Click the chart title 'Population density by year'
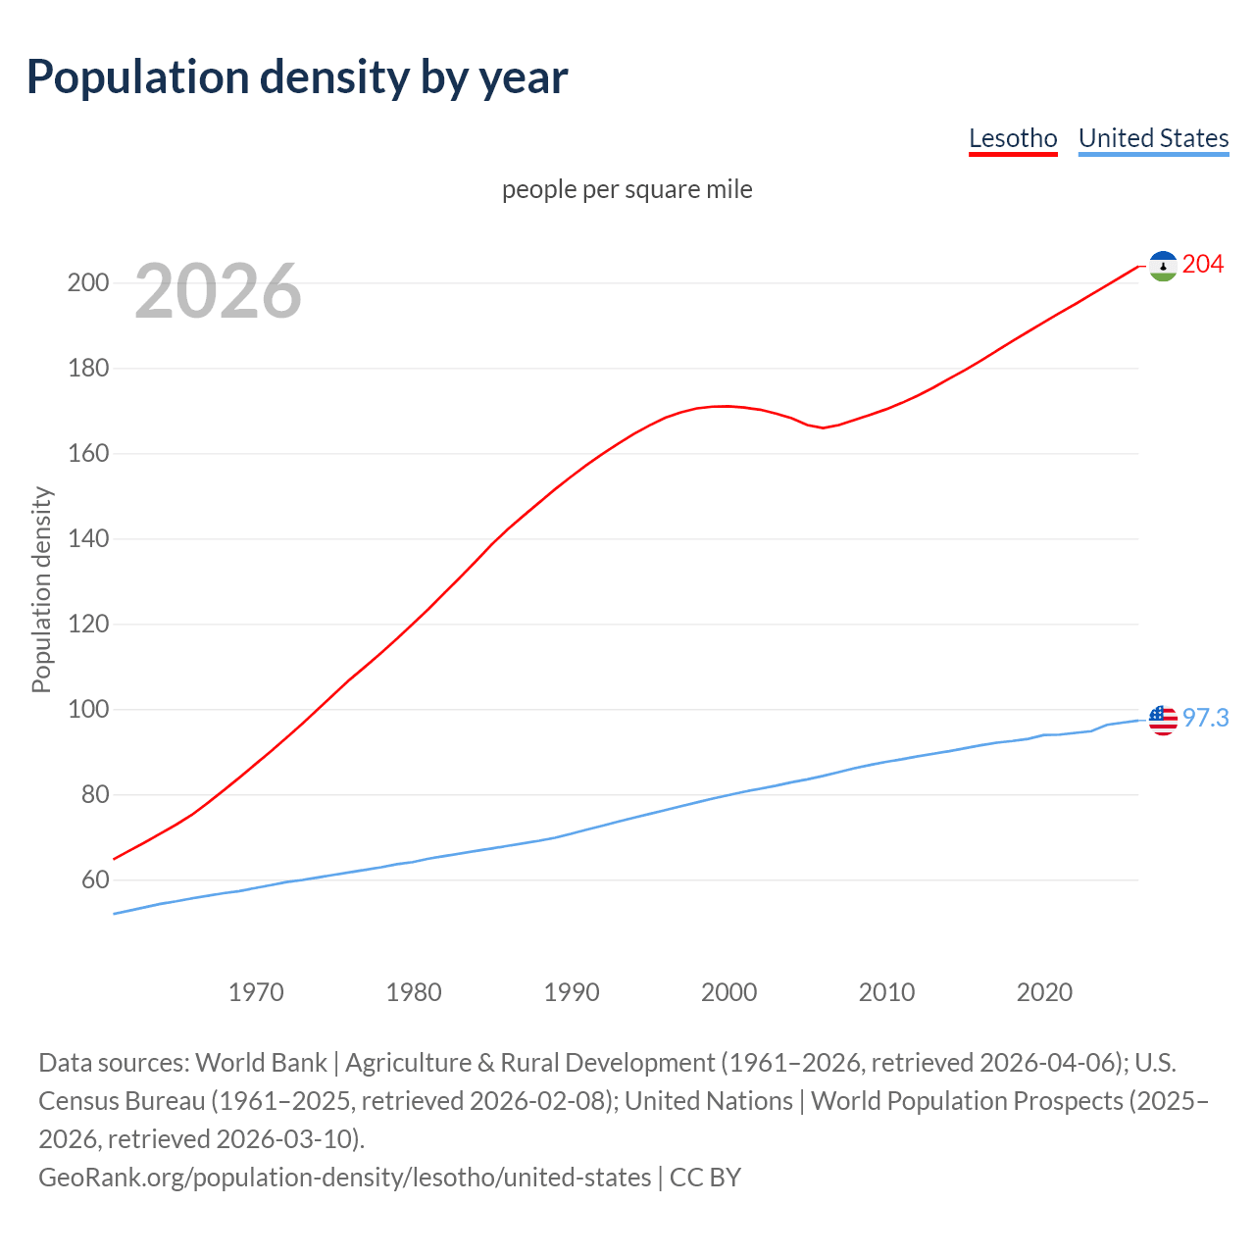[x=297, y=77]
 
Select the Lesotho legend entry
[x=1013, y=138]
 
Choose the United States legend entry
[x=1153, y=138]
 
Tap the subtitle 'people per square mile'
[x=627, y=189]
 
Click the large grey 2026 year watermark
[x=218, y=290]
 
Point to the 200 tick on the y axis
[x=87, y=283]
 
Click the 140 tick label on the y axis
[x=87, y=539]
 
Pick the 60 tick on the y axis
[x=95, y=880]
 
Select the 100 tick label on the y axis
[x=87, y=710]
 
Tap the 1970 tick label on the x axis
[x=256, y=992]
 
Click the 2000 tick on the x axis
[x=728, y=992]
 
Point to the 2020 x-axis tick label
[x=1044, y=992]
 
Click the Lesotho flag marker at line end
[x=1163, y=266]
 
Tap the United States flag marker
[x=1163, y=720]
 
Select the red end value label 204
[x=1203, y=264]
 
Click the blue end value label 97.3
[x=1205, y=719]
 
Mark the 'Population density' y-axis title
[x=41, y=590]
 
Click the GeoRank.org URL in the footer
[x=344, y=1177]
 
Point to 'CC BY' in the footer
[x=705, y=1177]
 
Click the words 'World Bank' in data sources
[x=261, y=1063]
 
